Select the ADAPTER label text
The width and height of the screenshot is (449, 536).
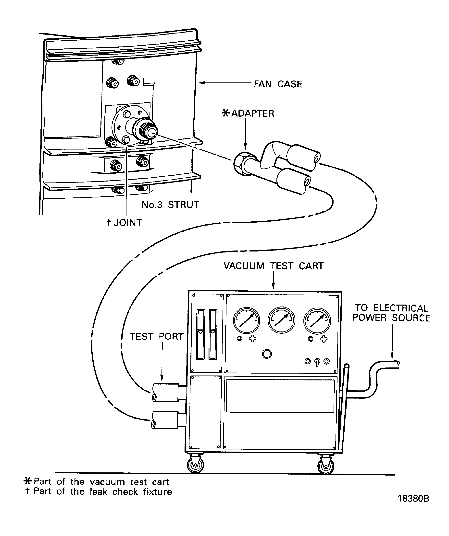coord(252,113)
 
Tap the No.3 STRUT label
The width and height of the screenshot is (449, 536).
coord(170,205)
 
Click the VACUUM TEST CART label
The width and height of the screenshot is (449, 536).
coord(274,266)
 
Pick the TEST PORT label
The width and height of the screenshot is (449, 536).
coord(157,336)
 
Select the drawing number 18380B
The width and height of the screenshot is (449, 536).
coord(413,499)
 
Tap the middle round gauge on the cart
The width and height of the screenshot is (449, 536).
coord(281,320)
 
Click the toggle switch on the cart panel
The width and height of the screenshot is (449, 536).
coord(317,362)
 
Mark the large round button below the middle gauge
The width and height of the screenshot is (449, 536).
coord(267,354)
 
